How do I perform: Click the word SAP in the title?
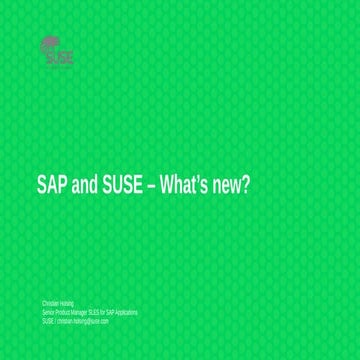[53, 185]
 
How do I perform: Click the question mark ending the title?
[246, 185]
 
